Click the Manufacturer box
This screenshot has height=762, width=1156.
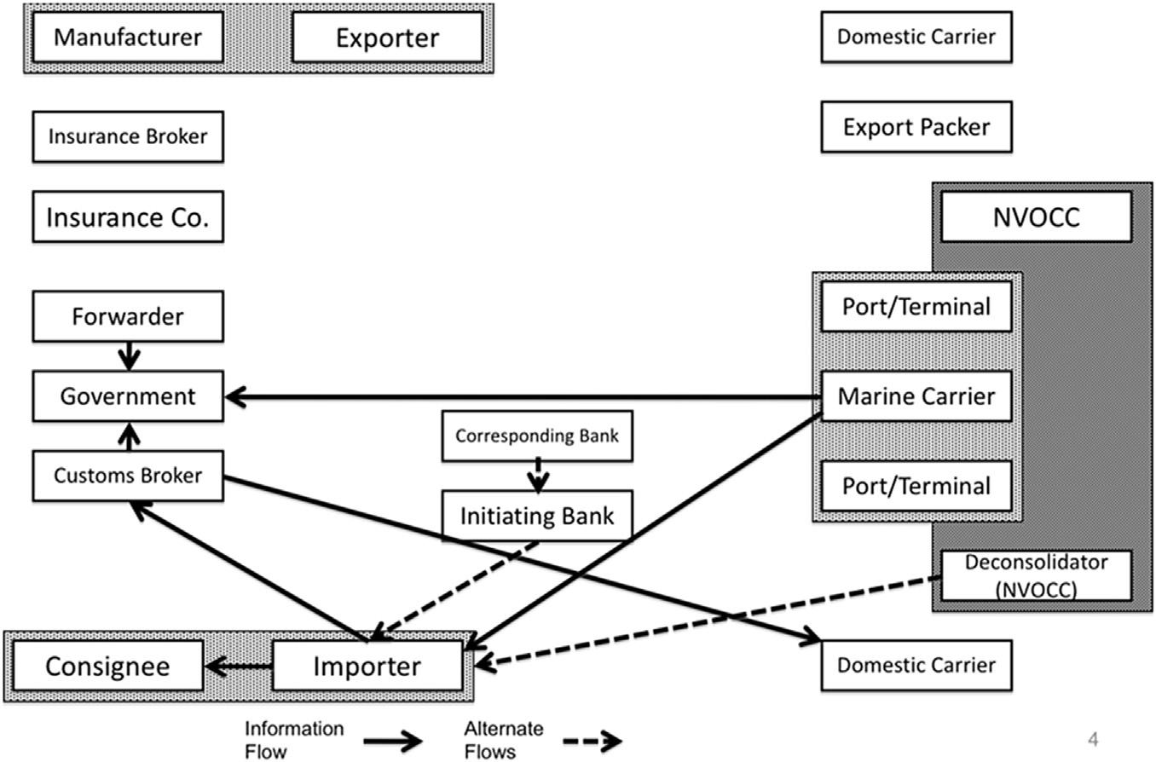128,38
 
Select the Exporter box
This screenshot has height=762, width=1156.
387,38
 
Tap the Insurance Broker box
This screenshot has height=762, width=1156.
128,136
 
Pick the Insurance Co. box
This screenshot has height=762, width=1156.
128,217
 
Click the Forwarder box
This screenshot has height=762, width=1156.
128,316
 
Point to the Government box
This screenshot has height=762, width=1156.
128,396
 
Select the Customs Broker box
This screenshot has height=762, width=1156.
128,475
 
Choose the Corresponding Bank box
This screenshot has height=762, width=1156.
537,436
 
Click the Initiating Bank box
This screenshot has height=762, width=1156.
537,516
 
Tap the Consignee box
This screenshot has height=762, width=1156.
107,666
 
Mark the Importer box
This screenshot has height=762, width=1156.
367,666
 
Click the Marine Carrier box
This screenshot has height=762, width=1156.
916,396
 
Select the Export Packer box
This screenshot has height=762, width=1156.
916,127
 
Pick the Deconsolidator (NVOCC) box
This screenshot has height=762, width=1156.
1036,575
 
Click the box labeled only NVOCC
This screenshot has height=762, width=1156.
1036,217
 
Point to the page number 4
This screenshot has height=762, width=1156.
1094,738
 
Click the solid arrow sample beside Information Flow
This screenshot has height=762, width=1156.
393,741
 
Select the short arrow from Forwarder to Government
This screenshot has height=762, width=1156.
129,356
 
